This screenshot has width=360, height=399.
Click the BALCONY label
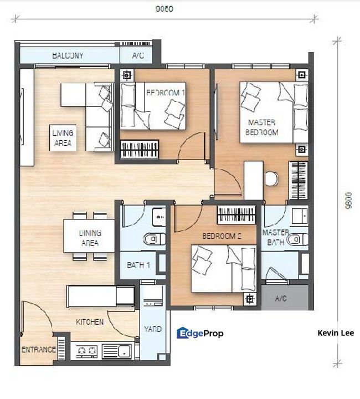pyautogui.click(x=68, y=55)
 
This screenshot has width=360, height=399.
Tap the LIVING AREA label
pyautogui.click(x=63, y=137)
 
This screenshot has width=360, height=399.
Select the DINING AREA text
pyautogui.click(x=90, y=238)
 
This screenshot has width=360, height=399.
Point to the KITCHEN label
pyautogui.click(x=90, y=322)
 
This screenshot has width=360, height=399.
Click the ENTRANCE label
pyautogui.click(x=39, y=349)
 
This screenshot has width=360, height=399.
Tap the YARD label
pyautogui.click(x=153, y=329)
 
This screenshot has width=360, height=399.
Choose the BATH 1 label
pyautogui.click(x=138, y=265)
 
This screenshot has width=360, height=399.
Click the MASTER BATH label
pyautogui.click(x=276, y=237)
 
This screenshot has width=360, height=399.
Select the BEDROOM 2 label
pyautogui.click(x=222, y=236)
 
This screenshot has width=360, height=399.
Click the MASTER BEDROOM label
pyautogui.click(x=261, y=127)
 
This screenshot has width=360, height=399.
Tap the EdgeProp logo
pyautogui.click(x=200, y=333)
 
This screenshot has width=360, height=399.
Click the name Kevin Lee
pyautogui.click(x=336, y=333)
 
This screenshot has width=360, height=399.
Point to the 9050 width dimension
pyautogui.click(x=164, y=9)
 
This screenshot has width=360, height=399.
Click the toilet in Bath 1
pyautogui.click(x=155, y=239)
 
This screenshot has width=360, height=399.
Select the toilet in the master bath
pyautogui.click(x=297, y=239)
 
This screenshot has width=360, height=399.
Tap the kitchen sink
pyautogui.click(x=117, y=351)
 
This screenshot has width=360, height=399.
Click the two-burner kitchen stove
pyautogui.click(x=87, y=351)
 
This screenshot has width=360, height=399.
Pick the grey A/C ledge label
pyautogui.click(x=281, y=298)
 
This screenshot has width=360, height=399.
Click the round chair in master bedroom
pyautogui.click(x=271, y=178)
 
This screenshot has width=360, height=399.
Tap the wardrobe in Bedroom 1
pyautogui.click(x=140, y=149)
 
